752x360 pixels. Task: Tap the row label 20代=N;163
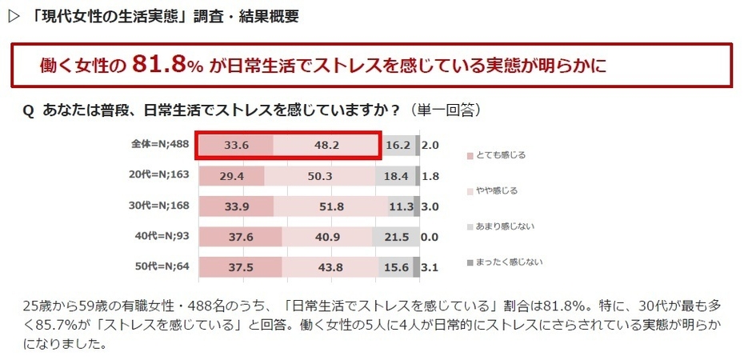pos(160,176)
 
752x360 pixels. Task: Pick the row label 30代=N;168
pos(160,206)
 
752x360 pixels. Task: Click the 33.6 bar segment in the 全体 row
pos(235,146)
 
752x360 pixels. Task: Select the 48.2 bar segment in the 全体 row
pos(326,146)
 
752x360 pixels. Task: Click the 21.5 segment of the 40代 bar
pos(396,237)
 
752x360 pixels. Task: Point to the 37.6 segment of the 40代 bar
pos(240,237)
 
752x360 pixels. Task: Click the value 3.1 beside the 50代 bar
pos(430,267)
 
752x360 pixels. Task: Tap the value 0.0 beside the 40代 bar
pos(430,237)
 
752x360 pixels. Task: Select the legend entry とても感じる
pos(502,154)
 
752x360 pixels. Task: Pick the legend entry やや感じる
pos(498,190)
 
